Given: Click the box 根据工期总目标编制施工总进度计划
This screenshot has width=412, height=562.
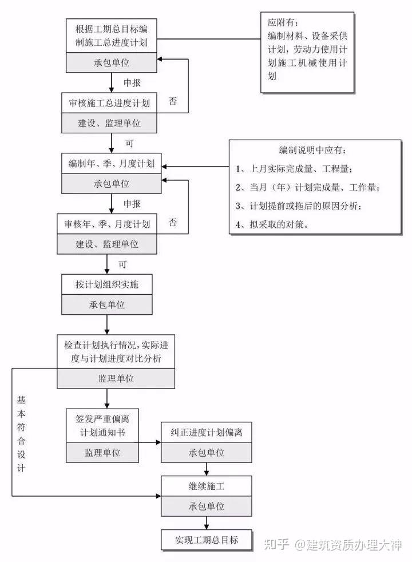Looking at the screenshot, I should [x=111, y=35].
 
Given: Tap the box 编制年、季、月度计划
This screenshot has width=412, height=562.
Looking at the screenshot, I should [x=111, y=164].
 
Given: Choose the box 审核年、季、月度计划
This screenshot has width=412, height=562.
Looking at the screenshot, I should [x=107, y=224].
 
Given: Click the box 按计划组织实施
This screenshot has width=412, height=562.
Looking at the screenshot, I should [x=107, y=284].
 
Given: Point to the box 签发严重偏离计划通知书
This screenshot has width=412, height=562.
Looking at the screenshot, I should [x=102, y=425].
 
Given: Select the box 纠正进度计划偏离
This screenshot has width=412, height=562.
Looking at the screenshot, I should [x=206, y=432].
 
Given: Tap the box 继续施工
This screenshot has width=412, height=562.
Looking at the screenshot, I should [x=206, y=487].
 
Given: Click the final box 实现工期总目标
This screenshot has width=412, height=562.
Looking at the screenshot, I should [x=206, y=539].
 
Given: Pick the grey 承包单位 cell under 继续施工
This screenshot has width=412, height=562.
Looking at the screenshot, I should [x=206, y=506].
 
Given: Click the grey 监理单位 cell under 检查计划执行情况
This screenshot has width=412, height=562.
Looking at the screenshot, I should [x=116, y=378].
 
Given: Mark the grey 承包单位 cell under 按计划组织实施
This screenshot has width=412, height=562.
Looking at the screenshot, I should [x=107, y=304].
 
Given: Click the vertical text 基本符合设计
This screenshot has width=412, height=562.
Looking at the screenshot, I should [x=21, y=433].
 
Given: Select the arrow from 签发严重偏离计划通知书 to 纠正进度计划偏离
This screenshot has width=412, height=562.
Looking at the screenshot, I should [x=150, y=442].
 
